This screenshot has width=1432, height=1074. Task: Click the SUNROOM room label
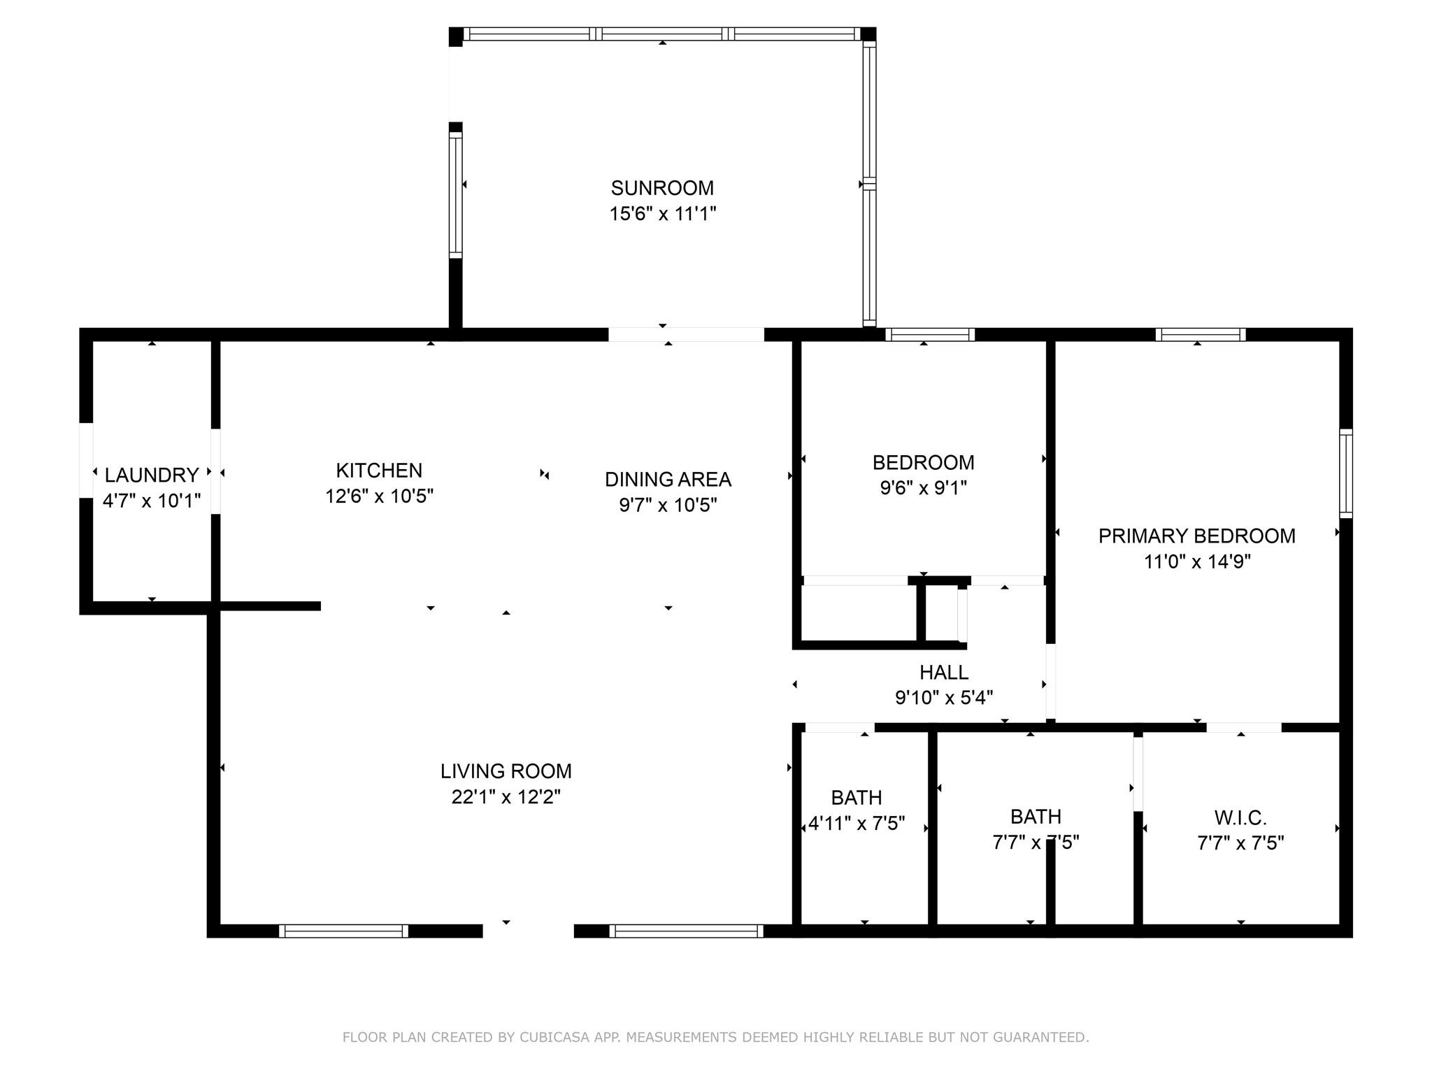(x=662, y=188)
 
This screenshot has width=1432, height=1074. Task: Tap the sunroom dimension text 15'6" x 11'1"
(x=663, y=213)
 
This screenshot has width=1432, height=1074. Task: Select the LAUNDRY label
(x=152, y=475)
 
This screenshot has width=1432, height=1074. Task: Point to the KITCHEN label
(x=379, y=471)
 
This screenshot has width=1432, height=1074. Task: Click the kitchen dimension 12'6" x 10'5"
(x=379, y=496)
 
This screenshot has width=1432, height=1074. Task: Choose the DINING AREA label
(x=668, y=480)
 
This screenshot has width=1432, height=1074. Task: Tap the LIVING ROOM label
(x=506, y=771)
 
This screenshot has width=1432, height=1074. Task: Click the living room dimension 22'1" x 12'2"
(x=506, y=796)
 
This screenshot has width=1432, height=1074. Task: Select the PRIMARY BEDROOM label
(x=1197, y=536)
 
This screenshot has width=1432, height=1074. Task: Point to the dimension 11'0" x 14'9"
(x=1197, y=561)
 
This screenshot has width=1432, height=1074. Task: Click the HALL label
(x=944, y=673)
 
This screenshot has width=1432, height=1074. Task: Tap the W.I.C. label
(x=1240, y=817)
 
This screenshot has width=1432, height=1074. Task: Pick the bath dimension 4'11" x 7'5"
(x=857, y=823)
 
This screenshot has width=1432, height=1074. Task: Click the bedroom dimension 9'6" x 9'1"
(x=924, y=487)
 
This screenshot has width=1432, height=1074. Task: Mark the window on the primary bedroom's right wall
(x=1346, y=473)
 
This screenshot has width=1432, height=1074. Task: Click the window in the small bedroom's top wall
(x=930, y=334)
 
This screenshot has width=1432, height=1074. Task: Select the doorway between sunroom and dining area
(x=686, y=334)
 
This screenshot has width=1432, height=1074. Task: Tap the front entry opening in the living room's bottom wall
(x=529, y=931)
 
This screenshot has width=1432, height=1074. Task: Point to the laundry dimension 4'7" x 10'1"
(x=152, y=501)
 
